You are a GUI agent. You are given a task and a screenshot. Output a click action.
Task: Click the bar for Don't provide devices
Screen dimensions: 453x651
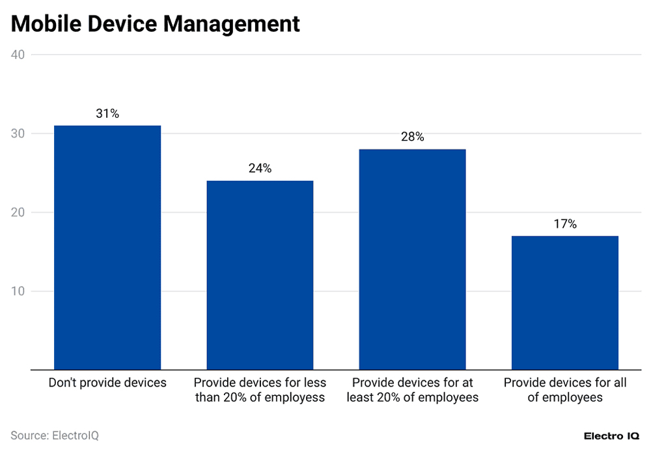pyautogui.click(x=107, y=247)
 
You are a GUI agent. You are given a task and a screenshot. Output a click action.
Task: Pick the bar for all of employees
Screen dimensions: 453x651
pyautogui.click(x=564, y=303)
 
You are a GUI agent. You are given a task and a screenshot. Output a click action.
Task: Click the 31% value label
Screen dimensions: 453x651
pyautogui.click(x=107, y=114)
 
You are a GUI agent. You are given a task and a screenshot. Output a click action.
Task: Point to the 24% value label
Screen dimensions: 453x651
pyautogui.click(x=260, y=169)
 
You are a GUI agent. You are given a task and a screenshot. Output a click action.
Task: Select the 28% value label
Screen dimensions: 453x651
pyautogui.click(x=412, y=137)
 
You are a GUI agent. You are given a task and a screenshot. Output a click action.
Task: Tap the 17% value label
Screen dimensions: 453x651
pyautogui.click(x=564, y=224)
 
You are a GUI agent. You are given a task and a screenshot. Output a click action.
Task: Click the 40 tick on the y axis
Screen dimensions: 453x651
pyautogui.click(x=18, y=55)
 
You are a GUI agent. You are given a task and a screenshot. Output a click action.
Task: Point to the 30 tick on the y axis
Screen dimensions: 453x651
pyautogui.click(x=18, y=133)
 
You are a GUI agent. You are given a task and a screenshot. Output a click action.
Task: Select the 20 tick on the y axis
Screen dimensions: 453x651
pyautogui.click(x=18, y=212)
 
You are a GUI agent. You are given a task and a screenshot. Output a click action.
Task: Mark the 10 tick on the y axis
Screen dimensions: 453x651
pyautogui.click(x=18, y=291)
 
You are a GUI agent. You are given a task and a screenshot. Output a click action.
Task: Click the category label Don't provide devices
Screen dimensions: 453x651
pyautogui.click(x=107, y=383)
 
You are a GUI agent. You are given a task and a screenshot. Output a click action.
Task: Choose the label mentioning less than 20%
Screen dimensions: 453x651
pyautogui.click(x=260, y=390)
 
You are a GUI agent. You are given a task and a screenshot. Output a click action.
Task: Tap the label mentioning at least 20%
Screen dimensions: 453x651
pyautogui.click(x=412, y=390)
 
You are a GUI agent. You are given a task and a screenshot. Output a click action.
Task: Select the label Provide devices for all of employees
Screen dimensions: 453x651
pyautogui.click(x=564, y=390)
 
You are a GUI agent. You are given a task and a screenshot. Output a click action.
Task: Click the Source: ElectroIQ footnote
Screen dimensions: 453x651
pyautogui.click(x=55, y=435)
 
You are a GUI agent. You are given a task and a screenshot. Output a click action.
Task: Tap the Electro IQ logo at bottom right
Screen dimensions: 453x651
pyautogui.click(x=611, y=435)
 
